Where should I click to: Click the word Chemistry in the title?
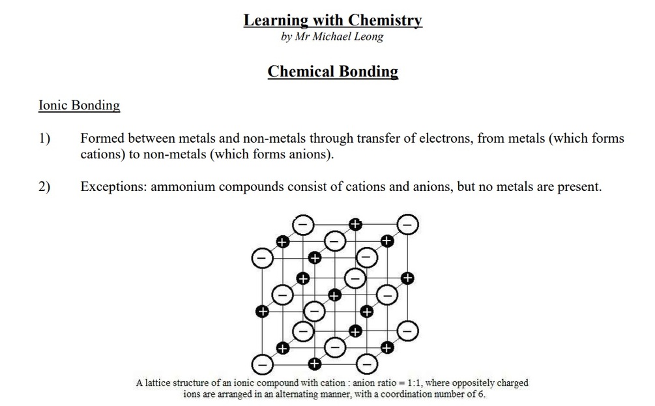point(384,20)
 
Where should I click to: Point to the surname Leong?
point(369,36)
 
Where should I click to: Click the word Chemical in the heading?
point(300,71)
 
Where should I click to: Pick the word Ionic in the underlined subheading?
point(52,106)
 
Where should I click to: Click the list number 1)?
point(44,139)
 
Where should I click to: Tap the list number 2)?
point(44,187)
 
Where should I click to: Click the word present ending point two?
point(579,187)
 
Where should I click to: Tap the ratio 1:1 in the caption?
point(413,383)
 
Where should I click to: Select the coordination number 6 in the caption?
point(481,394)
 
